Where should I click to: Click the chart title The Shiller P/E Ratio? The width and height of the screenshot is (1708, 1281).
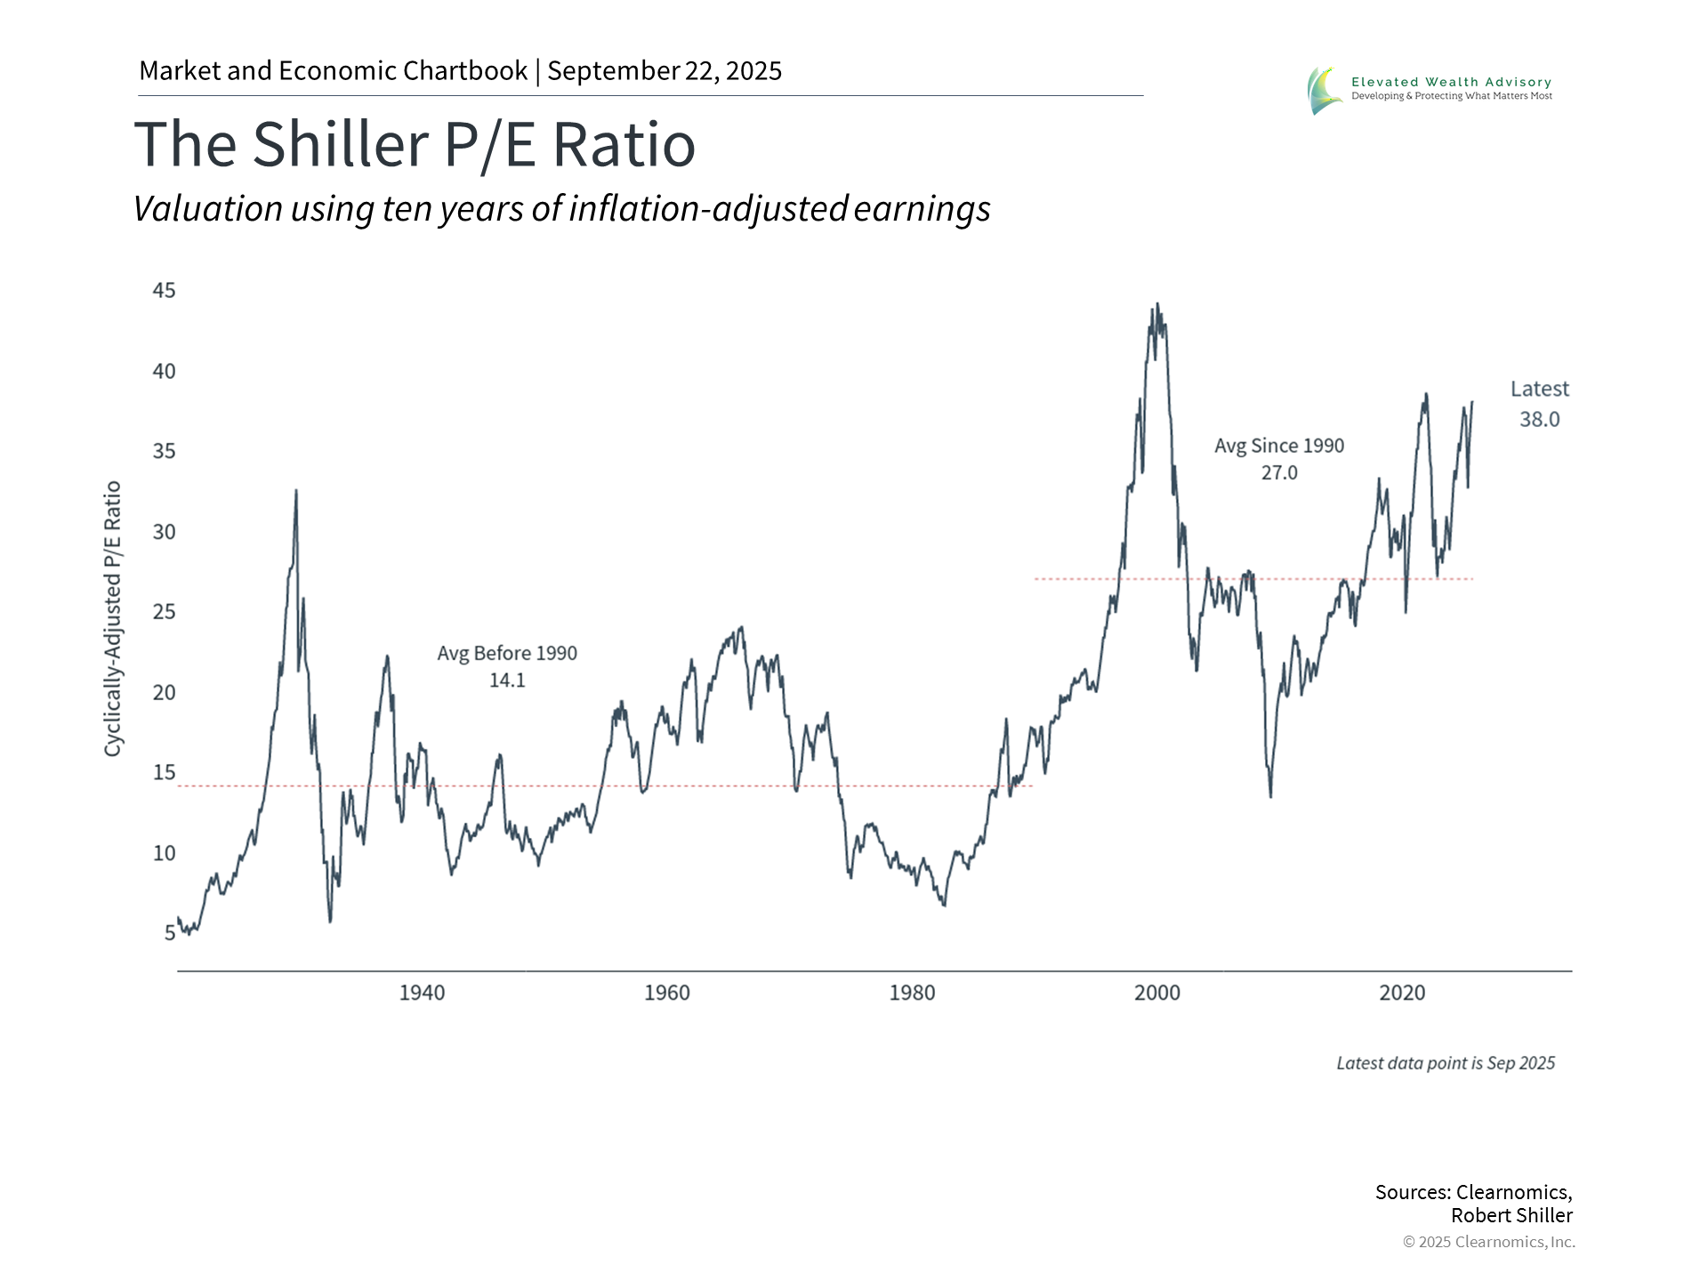tap(415, 144)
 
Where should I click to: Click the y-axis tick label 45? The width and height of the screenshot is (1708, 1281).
tap(165, 291)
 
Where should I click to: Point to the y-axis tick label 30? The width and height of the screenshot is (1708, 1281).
tap(165, 532)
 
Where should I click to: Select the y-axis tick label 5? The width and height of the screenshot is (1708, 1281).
tap(170, 933)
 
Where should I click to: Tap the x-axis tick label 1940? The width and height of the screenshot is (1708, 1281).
tap(422, 993)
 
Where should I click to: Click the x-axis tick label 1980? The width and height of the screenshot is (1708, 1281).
tap(912, 993)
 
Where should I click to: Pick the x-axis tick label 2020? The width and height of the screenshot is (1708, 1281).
tap(1402, 993)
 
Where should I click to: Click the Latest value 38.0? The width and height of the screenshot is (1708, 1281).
tap(1539, 420)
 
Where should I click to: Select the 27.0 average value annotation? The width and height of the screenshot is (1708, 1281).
tap(1279, 473)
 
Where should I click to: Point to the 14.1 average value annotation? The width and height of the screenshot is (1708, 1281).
tap(507, 681)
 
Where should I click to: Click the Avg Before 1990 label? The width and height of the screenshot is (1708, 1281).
tap(507, 654)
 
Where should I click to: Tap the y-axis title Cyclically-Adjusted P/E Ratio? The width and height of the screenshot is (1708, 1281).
tap(112, 619)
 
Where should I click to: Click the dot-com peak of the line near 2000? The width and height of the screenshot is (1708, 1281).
tap(1156, 304)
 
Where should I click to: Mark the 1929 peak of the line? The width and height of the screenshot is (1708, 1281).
tap(296, 490)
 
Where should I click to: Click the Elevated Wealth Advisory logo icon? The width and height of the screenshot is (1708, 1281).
tap(1325, 90)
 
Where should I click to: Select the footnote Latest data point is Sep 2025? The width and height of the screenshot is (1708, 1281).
tap(1446, 1063)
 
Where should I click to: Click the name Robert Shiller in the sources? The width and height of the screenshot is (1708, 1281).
tap(1511, 1215)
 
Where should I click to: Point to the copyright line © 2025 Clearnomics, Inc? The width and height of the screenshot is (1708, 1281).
tap(1488, 1242)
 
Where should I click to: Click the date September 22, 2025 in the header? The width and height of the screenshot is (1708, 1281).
tap(665, 71)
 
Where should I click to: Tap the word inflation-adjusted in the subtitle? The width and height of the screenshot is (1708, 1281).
tap(708, 209)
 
